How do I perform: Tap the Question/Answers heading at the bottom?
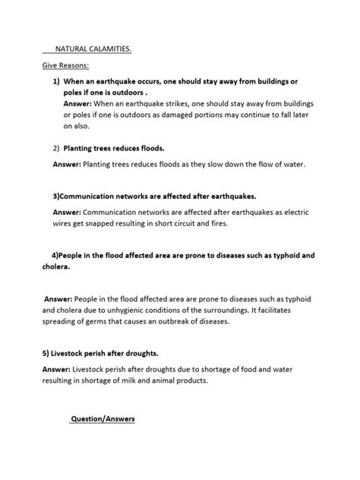click(x=103, y=418)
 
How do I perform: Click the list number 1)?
click(x=57, y=81)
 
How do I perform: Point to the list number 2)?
click(x=57, y=148)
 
